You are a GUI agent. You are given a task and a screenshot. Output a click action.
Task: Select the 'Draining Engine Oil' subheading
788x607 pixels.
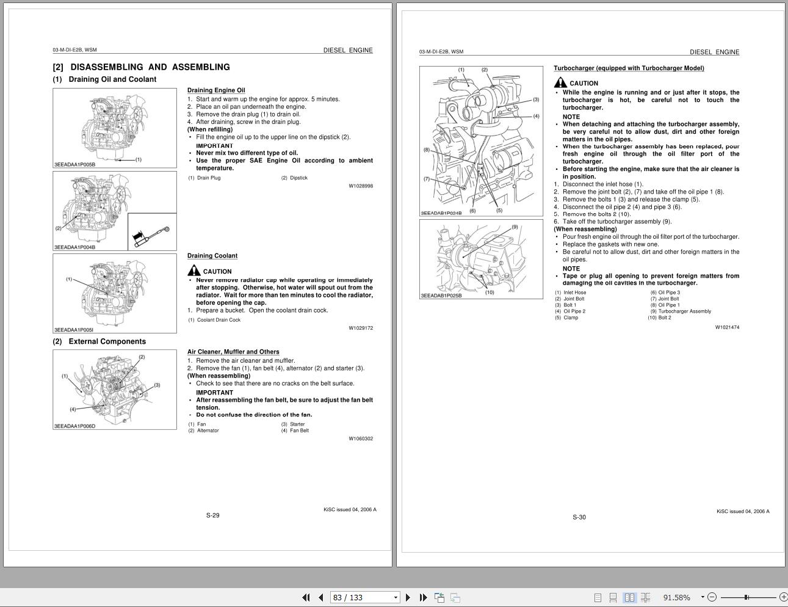coord(216,90)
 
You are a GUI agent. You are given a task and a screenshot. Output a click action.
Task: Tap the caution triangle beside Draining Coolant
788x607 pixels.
coord(194,271)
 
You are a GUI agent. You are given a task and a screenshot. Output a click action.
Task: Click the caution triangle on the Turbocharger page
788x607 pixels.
coord(560,82)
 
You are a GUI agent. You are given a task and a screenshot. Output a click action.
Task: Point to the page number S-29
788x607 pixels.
coord(212,515)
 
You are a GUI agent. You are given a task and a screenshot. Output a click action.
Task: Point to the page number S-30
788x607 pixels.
coord(579,517)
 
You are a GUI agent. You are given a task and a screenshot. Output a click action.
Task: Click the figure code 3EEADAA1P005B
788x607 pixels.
coord(75,164)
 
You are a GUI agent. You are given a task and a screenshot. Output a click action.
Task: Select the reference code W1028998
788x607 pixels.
coord(361,186)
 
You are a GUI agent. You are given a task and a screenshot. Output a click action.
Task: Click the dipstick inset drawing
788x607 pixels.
coord(152,232)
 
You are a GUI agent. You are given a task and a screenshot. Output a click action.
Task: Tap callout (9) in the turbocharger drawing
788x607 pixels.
coord(515,227)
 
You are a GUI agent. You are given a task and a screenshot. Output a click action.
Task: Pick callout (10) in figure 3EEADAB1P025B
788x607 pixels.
coord(490,292)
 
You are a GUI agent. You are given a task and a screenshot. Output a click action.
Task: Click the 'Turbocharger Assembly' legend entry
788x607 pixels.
coord(684,311)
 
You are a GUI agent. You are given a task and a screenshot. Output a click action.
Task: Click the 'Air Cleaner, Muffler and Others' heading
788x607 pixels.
coord(233,352)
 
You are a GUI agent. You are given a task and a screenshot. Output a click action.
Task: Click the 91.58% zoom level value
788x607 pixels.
coord(676,597)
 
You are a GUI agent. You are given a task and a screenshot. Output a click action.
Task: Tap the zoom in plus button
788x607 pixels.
coord(783,597)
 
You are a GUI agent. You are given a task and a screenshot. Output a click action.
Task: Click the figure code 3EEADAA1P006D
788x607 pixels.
coord(75,426)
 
